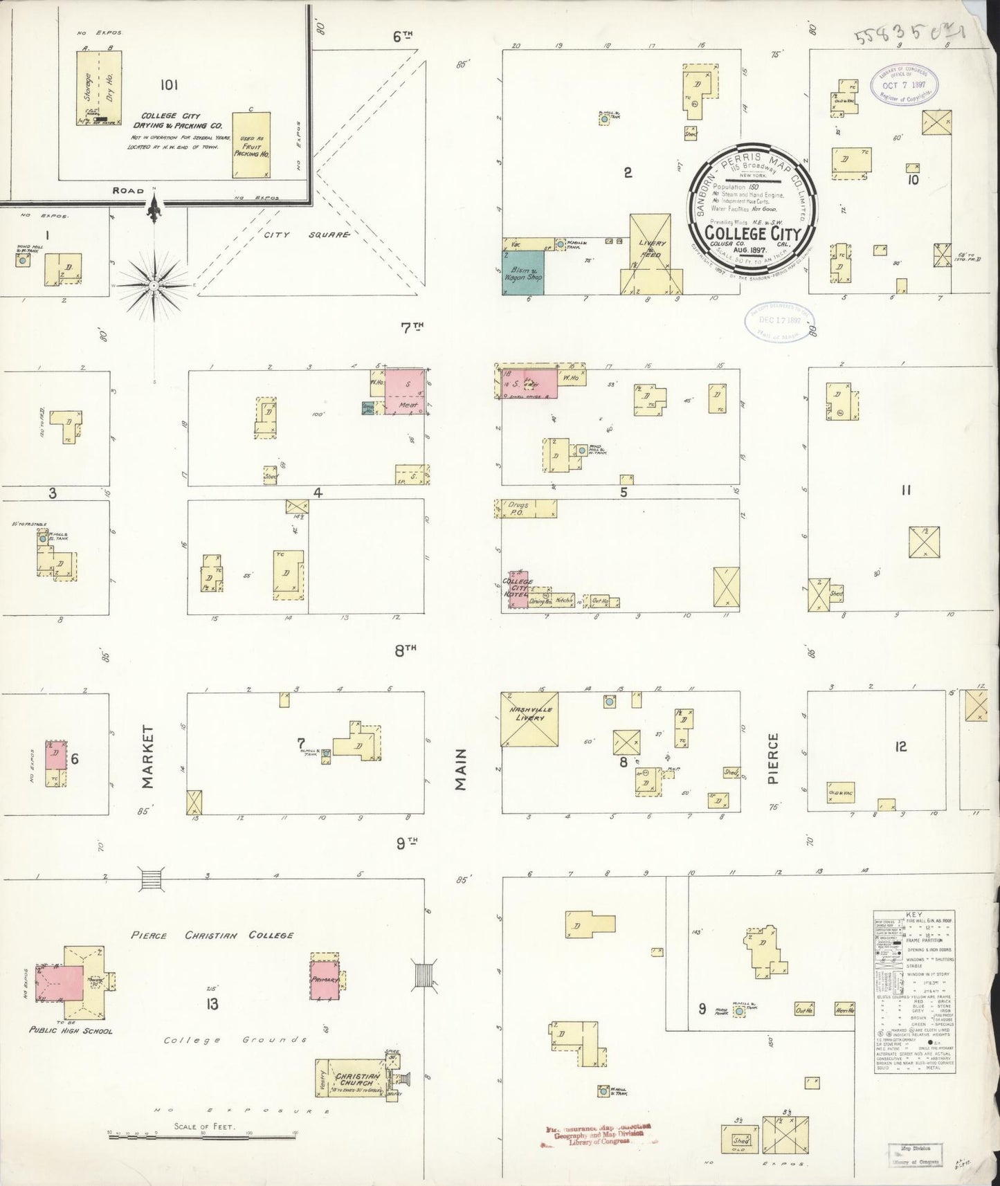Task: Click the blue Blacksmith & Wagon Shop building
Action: [x=522, y=273]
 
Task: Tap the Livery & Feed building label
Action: [x=651, y=249]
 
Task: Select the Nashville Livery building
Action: [x=530, y=718]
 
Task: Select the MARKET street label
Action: [x=147, y=757]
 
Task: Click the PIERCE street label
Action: [x=773, y=758]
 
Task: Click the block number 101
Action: [x=169, y=85]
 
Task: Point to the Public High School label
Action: [x=71, y=1030]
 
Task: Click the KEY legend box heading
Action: [x=913, y=914]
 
